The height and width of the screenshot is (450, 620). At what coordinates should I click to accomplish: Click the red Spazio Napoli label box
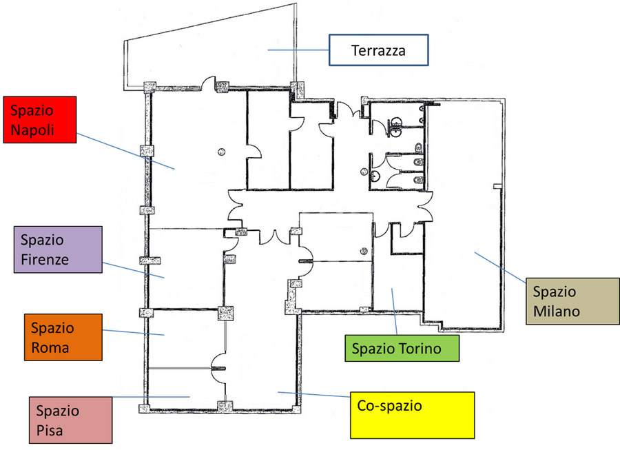point(39,119)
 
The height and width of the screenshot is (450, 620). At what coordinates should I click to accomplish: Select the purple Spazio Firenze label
point(58,249)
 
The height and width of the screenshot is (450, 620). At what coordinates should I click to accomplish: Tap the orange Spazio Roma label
point(63,337)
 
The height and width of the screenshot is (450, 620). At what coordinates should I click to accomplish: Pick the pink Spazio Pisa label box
point(70,420)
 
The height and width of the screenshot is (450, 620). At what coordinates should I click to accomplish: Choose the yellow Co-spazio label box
point(413,416)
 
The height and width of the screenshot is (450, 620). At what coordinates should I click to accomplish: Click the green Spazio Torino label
point(402,349)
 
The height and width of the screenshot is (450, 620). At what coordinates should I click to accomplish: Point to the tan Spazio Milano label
point(572,301)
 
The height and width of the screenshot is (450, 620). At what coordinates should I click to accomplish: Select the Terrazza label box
point(379,50)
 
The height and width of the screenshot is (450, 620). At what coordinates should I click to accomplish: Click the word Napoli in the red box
point(32,130)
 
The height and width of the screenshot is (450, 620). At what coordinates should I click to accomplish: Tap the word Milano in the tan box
point(557,311)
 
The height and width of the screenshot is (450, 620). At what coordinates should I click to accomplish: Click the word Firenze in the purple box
point(45,259)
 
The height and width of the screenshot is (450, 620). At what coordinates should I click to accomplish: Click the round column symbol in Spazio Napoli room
point(221,152)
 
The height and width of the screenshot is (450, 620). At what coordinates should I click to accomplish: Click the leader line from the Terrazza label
point(298,50)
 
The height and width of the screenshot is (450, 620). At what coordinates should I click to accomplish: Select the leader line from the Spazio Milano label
point(500,267)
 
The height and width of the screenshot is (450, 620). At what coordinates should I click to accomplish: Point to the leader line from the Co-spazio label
point(314,395)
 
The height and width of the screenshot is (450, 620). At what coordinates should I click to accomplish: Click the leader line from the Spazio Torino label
point(394,311)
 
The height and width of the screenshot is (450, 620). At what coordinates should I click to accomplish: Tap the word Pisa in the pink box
point(50,430)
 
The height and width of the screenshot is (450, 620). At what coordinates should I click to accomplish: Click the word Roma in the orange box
point(50,347)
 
